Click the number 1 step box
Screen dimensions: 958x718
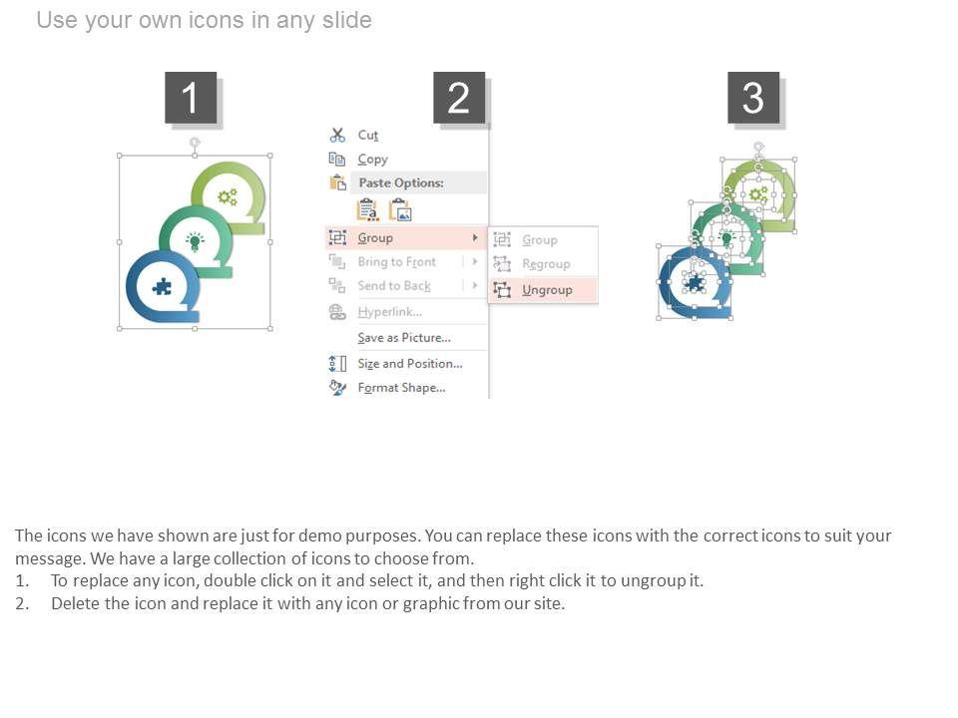191,98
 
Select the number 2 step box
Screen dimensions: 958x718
459,98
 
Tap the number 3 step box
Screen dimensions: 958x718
753,98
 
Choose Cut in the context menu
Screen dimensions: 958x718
368,135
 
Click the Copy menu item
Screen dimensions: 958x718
372,160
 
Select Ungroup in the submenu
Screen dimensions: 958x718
547,290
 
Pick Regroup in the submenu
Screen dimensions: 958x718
546,263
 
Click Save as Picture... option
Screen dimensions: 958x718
404,338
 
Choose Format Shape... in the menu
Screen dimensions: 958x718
401,388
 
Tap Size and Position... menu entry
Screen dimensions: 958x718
410,363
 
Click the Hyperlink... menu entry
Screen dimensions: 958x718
390,312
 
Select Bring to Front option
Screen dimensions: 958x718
396,262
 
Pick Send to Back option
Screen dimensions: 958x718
394,286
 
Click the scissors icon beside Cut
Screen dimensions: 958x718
337,135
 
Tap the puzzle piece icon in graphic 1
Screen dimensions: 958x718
162,287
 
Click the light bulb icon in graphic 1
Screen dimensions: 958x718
195,241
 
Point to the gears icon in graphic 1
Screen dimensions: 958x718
228,197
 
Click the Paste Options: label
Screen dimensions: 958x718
401,182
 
